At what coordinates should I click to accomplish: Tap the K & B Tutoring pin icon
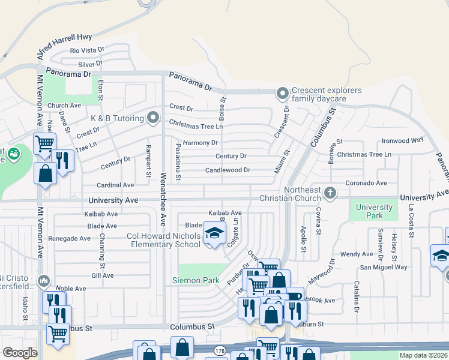pyautogui.click(x=153, y=117)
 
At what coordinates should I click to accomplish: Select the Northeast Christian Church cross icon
pyautogui.click(x=329, y=193)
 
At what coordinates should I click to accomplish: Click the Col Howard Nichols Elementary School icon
pyautogui.click(x=212, y=233)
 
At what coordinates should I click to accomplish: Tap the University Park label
pyautogui.click(x=374, y=211)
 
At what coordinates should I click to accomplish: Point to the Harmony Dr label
pyautogui.click(x=200, y=143)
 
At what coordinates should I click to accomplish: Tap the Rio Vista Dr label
pyautogui.click(x=87, y=51)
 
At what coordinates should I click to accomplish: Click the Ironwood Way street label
pyautogui.click(x=403, y=141)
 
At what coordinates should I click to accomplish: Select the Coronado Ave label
pyautogui.click(x=366, y=182)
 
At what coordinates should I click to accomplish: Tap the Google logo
pyautogui.click(x=20, y=353)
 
